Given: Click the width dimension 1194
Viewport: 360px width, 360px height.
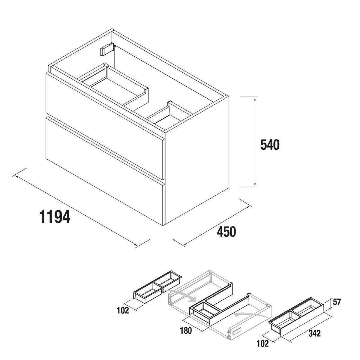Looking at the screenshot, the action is [55, 217].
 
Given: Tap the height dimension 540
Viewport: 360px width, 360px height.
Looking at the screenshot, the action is [270, 145].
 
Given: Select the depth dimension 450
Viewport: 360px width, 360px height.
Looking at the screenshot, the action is [226, 232].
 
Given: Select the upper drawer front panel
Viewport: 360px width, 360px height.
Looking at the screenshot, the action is [105, 126].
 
